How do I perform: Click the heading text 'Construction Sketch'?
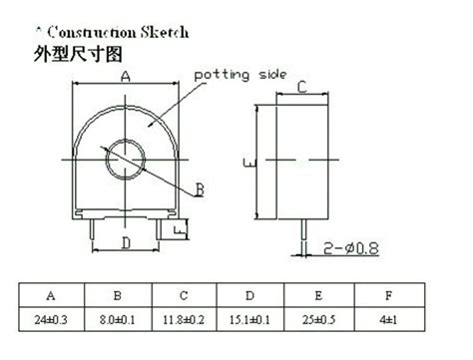point(110,32)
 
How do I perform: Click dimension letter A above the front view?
point(126,77)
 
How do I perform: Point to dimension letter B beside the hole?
point(200,188)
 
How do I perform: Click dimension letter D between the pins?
point(126,242)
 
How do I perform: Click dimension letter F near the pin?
point(177,231)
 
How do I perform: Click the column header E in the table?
point(318,295)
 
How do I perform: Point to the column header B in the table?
point(118,295)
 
